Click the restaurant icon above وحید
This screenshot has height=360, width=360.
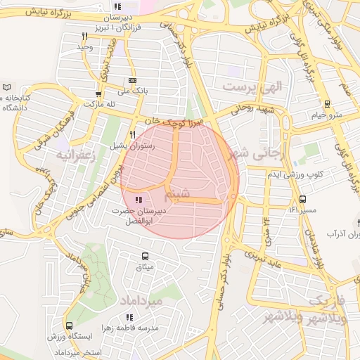pos(85,36)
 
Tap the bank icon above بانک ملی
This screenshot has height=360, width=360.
pos(131,80)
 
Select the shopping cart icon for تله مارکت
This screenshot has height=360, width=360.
pos(98,94)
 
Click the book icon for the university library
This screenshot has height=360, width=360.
pos(7,87)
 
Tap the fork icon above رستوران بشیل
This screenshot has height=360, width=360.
pos(131,134)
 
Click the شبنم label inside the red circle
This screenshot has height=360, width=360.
pos(176,193)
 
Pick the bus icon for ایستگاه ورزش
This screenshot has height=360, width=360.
pos(69,326)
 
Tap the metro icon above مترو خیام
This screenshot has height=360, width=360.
pos(326,103)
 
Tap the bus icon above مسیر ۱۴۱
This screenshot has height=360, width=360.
pos(302,199)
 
